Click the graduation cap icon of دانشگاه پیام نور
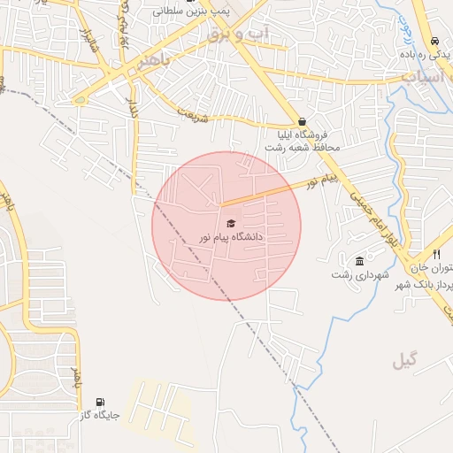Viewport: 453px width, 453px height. pos(231,224)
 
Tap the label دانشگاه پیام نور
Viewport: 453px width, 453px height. pos(231,237)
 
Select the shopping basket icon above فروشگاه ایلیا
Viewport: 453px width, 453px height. pos(303,122)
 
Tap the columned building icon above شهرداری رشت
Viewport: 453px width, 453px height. pos(359,261)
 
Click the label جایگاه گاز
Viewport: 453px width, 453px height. pos(98,415)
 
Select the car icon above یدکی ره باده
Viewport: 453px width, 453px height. pos(434,42)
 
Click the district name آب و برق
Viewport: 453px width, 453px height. pos(237,35)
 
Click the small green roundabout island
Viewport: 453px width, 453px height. pos(81,100)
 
